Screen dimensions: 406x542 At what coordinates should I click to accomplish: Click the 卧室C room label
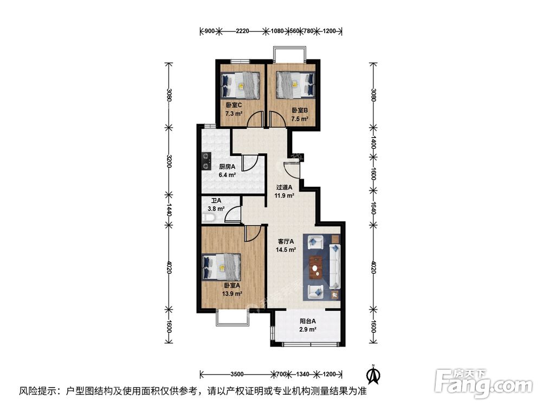click(x=234, y=109)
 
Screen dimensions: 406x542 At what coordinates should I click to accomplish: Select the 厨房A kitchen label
click(x=227, y=171)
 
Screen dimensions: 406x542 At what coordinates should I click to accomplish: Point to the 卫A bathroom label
click(x=217, y=204)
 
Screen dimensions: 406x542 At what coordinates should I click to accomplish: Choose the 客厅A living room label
click(x=286, y=245)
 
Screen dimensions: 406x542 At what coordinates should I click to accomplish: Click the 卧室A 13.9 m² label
click(x=232, y=289)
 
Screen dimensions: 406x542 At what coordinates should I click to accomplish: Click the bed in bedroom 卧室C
click(x=241, y=84)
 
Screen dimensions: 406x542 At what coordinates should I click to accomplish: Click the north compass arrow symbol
click(x=372, y=374)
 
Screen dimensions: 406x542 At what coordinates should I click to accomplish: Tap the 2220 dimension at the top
click(x=242, y=31)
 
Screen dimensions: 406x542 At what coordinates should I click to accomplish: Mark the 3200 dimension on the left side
click(x=169, y=161)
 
